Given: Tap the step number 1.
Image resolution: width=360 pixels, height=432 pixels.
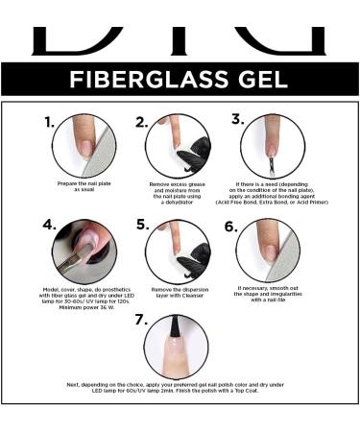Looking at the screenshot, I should coord(48,122).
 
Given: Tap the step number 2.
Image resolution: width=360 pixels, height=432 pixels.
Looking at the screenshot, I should coord(141,122).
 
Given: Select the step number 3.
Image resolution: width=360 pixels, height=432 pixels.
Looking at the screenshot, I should coord(237,119).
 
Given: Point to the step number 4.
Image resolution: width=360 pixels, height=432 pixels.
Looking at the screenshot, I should coord(49,227).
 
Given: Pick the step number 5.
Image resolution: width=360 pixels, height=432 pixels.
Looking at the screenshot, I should coord(142,226).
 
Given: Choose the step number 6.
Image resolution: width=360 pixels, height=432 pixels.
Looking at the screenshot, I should coord(229,227).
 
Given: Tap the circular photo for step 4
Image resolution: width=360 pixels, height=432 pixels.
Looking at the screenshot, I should coord(84,252).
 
